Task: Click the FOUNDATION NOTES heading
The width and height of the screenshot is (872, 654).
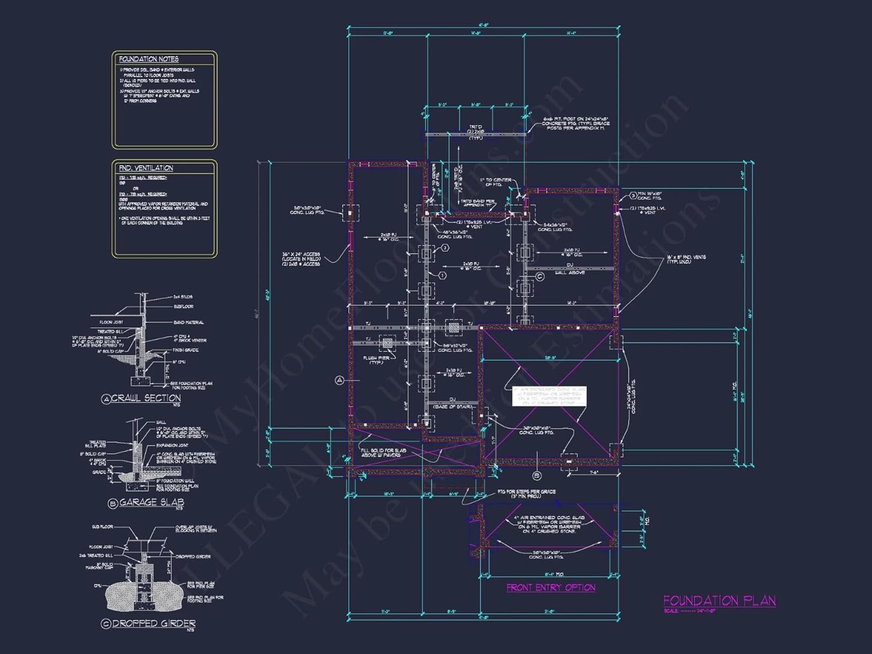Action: (149, 59)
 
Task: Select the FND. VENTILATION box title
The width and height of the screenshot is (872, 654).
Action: (146, 168)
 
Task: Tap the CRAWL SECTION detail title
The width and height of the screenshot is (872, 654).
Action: (146, 398)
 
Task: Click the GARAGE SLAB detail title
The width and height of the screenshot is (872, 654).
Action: (152, 502)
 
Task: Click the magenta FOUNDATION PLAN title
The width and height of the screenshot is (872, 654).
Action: (719, 601)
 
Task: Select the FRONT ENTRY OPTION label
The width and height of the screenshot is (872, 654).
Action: (551, 588)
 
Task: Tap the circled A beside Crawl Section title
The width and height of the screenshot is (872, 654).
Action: (106, 399)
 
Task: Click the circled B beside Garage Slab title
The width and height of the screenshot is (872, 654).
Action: (113, 503)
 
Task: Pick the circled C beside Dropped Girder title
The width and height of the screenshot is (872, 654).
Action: (106, 624)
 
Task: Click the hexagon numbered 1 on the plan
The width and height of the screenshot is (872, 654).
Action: (442, 275)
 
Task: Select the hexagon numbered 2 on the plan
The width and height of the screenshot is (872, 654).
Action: (445, 248)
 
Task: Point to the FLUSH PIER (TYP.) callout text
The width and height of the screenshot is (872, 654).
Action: (377, 360)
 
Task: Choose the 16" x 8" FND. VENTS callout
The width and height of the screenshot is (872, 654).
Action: (686, 259)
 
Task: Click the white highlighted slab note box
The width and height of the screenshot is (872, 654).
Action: (549, 396)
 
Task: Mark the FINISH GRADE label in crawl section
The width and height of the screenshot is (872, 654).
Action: (185, 350)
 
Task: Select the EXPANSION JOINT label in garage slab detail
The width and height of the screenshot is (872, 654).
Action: (173, 445)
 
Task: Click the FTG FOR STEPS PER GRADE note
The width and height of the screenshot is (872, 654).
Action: (527, 494)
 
